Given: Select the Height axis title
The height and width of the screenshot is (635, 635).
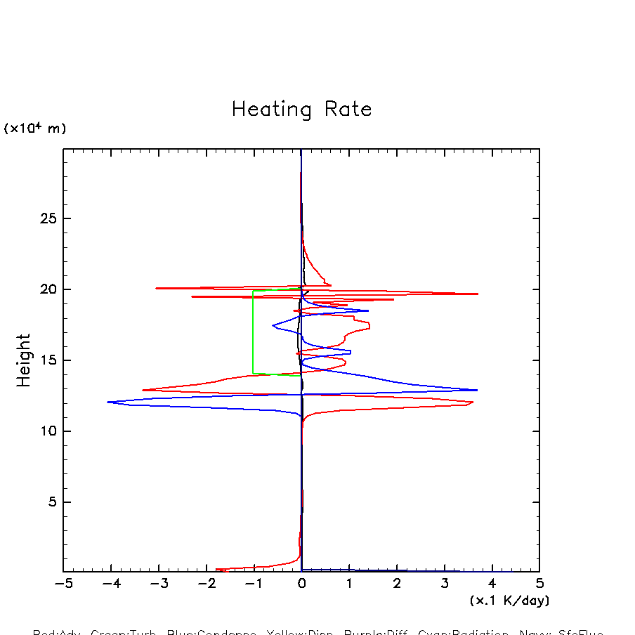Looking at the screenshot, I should (x=24, y=360).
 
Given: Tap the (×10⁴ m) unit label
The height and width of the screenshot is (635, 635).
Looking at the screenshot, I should (x=34, y=129).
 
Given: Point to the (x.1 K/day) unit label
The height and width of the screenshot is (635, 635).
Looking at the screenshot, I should (x=509, y=601).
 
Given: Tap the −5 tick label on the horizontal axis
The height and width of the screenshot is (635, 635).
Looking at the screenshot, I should (x=63, y=584).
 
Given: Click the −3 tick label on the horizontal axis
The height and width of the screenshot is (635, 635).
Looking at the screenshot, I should (x=158, y=584).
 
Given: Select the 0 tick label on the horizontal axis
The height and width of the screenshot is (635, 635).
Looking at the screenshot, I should (x=301, y=584).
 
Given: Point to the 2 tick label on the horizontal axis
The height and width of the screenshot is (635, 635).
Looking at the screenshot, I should (x=397, y=584).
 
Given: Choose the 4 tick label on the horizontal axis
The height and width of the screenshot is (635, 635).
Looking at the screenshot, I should (x=492, y=584).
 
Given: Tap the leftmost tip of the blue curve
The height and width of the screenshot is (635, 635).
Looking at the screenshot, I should (x=107, y=402).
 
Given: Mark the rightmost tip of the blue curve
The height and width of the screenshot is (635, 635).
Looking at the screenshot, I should (x=478, y=390).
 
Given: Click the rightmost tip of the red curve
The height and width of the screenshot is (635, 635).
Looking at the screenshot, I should (x=478, y=294).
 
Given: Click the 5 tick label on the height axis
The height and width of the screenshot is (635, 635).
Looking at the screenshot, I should (x=51, y=502).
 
